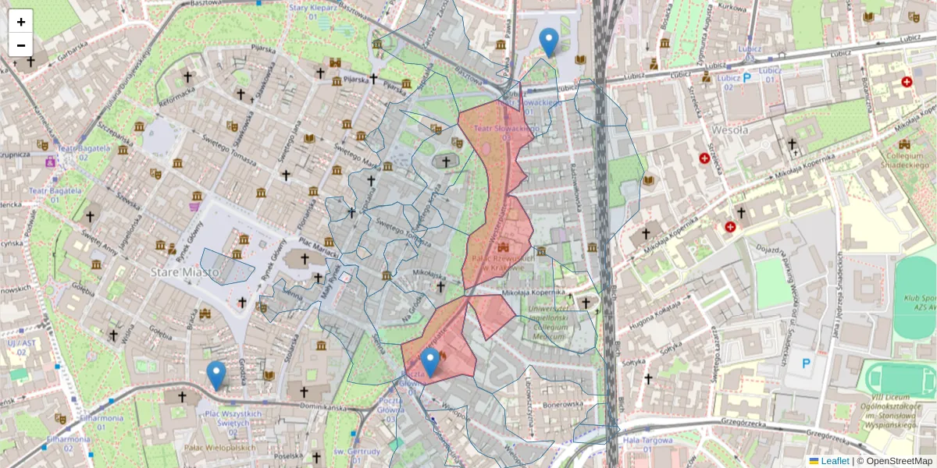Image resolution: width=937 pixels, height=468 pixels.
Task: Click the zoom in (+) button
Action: [x=21, y=22]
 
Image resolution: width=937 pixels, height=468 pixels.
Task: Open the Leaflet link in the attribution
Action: [x=835, y=461]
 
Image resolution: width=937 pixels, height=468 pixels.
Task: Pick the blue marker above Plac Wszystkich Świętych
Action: [x=216, y=376]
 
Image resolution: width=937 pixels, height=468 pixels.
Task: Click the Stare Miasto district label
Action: [x=174, y=273]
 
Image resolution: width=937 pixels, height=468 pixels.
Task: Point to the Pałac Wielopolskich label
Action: [x=220, y=448]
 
